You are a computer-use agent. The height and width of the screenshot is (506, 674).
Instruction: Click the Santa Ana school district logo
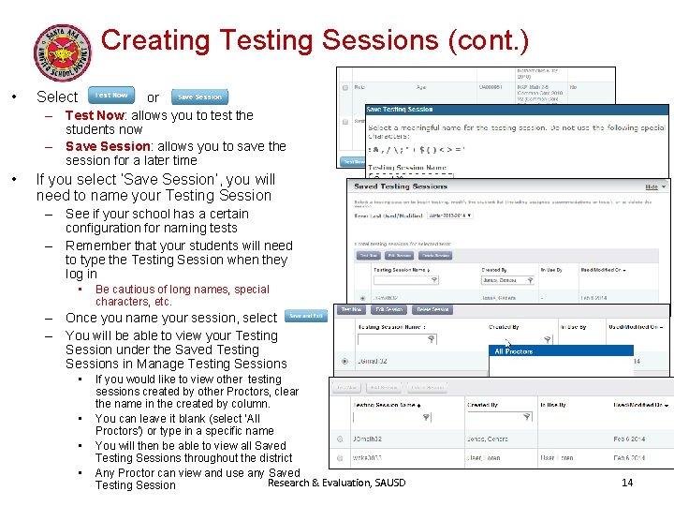(x=64, y=52)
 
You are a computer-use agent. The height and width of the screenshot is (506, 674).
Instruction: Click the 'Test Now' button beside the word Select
(x=111, y=96)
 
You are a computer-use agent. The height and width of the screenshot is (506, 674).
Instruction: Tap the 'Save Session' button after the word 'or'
(x=199, y=97)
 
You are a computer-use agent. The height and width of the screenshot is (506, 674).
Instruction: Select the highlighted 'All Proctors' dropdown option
(x=514, y=351)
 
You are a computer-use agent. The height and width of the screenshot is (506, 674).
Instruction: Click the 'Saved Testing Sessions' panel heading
(x=401, y=186)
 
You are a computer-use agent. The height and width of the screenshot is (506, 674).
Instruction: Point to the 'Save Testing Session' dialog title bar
(x=400, y=111)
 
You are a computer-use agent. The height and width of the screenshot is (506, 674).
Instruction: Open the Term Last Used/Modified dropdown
(x=449, y=216)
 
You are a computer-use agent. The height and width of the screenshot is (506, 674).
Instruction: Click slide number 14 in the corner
(x=627, y=483)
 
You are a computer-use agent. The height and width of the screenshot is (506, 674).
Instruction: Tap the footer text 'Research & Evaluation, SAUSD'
(x=337, y=483)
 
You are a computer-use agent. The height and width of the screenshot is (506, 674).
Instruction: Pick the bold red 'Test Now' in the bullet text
(x=95, y=115)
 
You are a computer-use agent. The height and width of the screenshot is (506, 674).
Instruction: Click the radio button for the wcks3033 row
(x=339, y=459)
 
